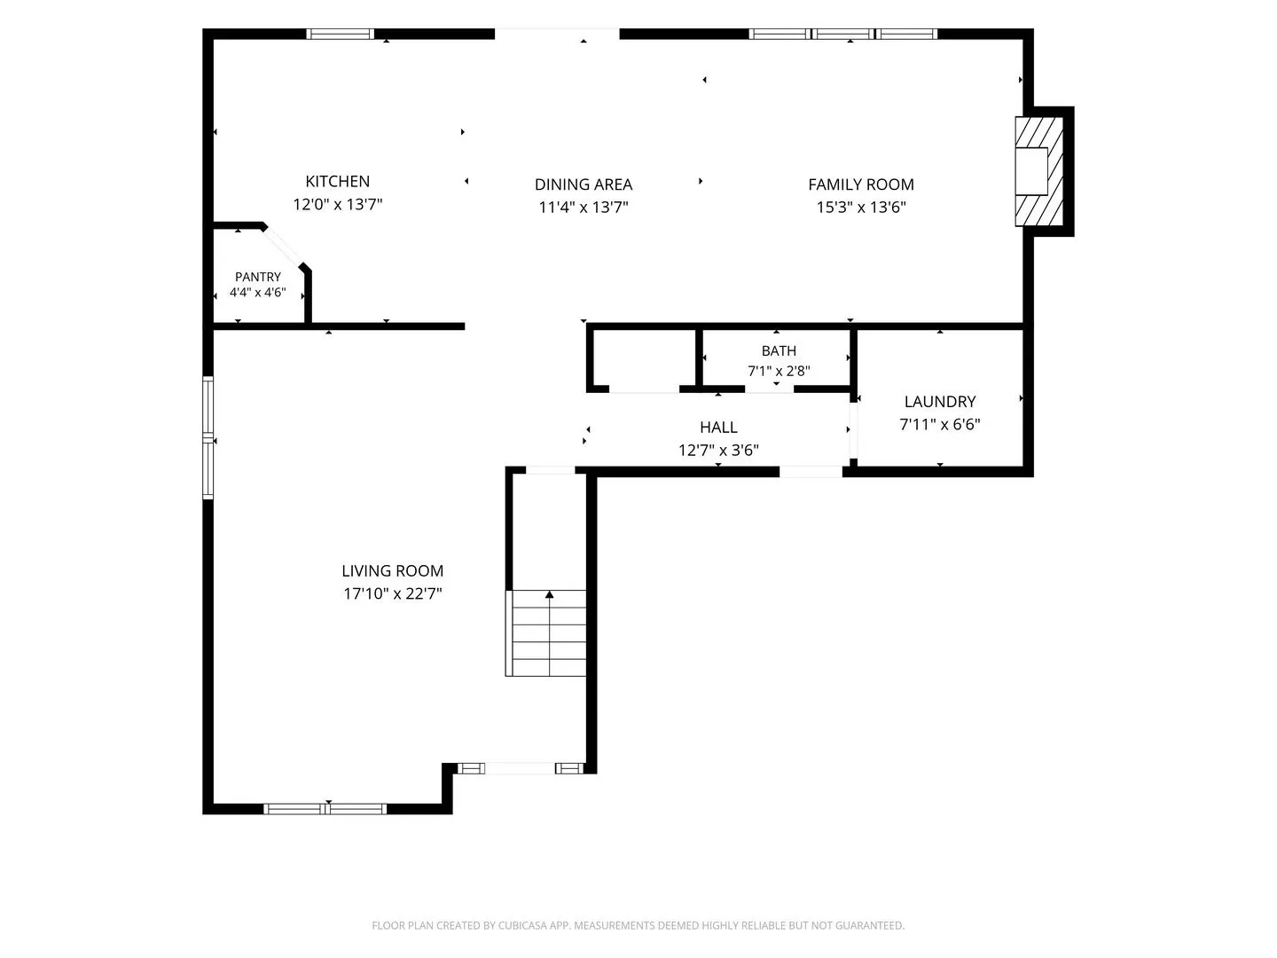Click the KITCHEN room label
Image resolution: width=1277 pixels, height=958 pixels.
pos(338,182)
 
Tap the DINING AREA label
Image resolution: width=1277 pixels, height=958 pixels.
pos(583,185)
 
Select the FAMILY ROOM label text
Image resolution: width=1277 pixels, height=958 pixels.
pos(861,185)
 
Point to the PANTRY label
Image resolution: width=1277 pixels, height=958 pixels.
pos(258,277)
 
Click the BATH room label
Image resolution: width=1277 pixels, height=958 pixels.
pos(779,350)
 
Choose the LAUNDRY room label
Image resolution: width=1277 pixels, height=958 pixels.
pos(939,401)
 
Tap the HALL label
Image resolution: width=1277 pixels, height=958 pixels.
pos(718,428)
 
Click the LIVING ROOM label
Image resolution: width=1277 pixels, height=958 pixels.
pos(392,570)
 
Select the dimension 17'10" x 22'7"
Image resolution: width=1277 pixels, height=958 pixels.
pos(393,594)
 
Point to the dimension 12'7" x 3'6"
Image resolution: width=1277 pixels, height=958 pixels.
pos(718,451)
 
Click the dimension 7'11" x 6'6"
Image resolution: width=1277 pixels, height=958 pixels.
pos(939,425)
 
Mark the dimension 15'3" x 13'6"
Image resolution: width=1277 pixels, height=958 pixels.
pos(861,207)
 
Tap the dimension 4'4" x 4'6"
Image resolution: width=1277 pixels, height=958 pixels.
pos(258,292)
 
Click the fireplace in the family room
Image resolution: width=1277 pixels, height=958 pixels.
pos(1039,171)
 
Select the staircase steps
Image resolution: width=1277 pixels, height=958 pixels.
pos(545,632)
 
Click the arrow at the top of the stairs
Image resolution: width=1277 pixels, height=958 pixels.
pos(549,594)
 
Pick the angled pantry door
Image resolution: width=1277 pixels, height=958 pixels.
pos(283,247)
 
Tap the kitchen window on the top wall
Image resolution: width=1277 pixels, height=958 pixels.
pos(341,34)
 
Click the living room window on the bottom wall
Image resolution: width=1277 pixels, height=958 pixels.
pos(325,808)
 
